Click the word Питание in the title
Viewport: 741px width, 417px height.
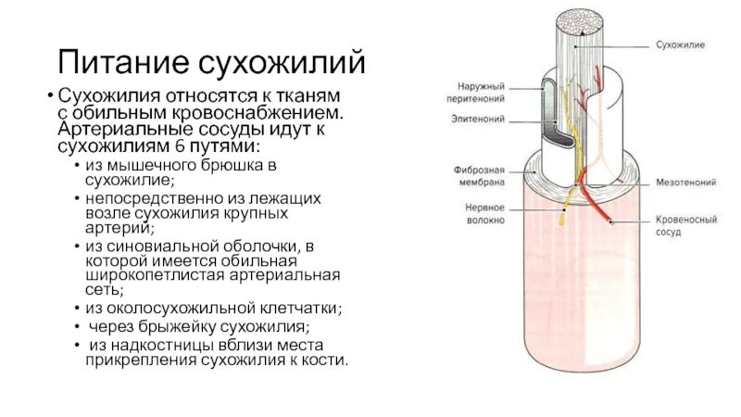(x=120, y=63)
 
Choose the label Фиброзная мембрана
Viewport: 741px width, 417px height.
(x=479, y=177)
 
